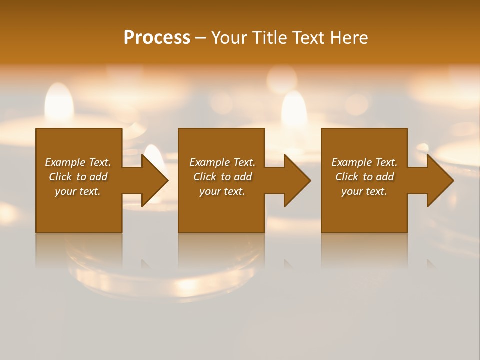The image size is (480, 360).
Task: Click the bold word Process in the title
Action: [x=157, y=38]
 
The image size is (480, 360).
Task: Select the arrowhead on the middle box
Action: [x=297, y=180]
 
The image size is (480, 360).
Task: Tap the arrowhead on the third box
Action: [x=440, y=180]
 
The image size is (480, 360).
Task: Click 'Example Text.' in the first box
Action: [x=78, y=162]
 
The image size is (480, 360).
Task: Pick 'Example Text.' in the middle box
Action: [x=222, y=162]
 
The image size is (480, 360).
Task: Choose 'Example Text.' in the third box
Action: [x=364, y=162]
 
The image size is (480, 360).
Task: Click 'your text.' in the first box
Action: [x=78, y=191]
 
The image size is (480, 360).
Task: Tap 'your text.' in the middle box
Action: [x=222, y=191]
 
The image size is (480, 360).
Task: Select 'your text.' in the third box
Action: [x=364, y=191]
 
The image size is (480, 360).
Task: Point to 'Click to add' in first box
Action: [x=78, y=177]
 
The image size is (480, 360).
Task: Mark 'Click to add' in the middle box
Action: [x=222, y=177]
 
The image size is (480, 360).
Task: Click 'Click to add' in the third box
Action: [x=364, y=177]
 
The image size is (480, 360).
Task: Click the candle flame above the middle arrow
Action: [x=294, y=109]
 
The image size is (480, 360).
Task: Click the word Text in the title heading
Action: [x=308, y=38]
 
